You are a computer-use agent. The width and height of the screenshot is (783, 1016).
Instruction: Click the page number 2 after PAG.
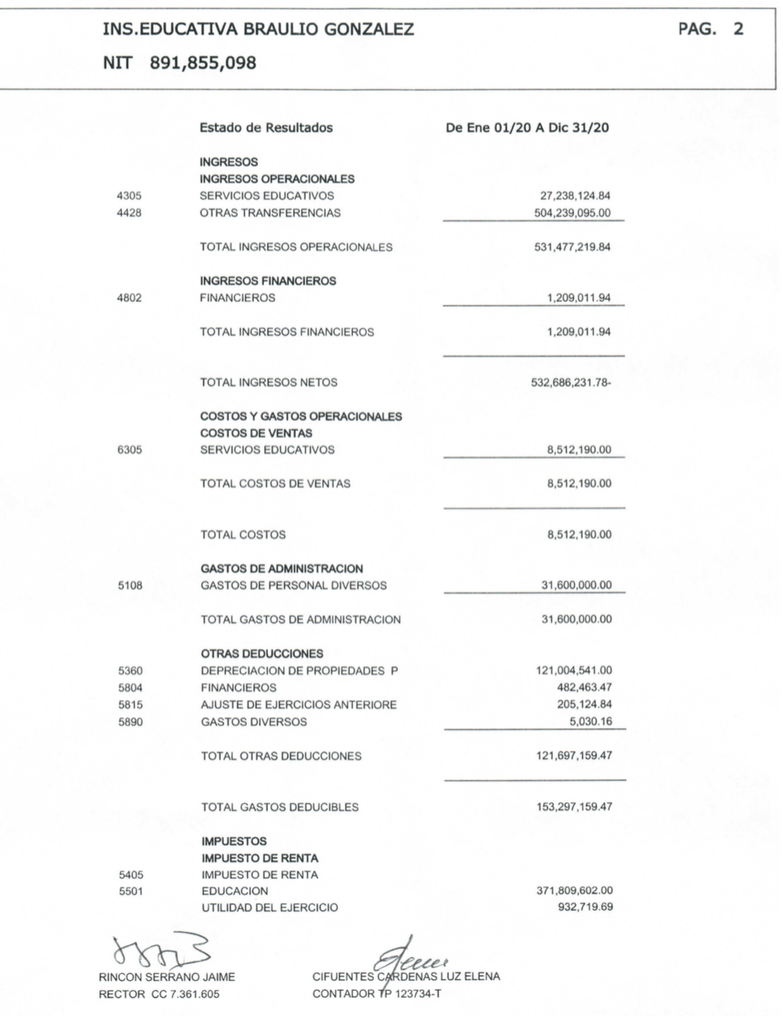738,29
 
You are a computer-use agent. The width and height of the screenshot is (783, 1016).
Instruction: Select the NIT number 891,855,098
203,63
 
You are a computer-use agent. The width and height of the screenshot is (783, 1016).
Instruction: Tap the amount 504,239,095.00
572,213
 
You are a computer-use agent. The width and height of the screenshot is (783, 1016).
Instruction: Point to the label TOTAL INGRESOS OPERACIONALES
296,247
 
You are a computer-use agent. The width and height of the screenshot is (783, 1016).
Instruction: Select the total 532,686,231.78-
571,382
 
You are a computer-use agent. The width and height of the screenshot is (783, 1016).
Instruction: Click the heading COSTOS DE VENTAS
256,433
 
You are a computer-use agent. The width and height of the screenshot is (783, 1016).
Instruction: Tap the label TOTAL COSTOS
243,535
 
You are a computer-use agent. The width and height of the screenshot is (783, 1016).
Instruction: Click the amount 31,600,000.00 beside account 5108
576,586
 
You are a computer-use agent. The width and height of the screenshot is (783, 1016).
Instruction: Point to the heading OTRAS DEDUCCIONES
262,654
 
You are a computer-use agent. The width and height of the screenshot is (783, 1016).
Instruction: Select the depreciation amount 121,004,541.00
574,671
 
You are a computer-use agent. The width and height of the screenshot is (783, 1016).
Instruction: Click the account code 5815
130,705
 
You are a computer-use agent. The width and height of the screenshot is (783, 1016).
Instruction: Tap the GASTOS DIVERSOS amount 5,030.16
591,721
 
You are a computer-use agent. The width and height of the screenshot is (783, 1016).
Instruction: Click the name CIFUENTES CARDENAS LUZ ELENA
406,976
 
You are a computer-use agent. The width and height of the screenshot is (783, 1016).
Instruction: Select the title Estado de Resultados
266,128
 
